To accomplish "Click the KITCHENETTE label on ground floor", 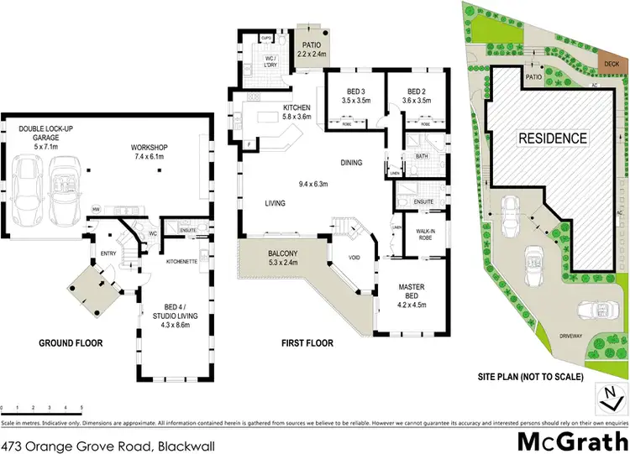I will [x=181, y=262].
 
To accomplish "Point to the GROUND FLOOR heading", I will [x=64, y=343].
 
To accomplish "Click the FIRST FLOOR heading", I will [x=308, y=343].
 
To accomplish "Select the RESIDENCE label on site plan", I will [x=551, y=138].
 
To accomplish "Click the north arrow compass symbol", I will [x=606, y=395].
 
